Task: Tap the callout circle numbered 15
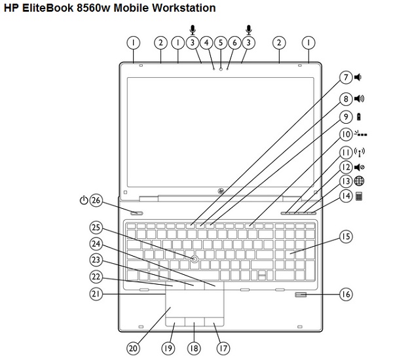[x=345, y=236]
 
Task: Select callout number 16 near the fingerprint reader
[x=345, y=294]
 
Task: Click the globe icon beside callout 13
[x=359, y=181]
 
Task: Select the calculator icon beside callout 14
[x=359, y=196]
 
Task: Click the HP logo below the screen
[x=221, y=190]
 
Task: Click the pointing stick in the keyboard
[x=195, y=260]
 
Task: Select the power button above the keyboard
[x=138, y=212]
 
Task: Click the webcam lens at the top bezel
[x=221, y=67]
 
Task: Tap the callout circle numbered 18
[x=194, y=347]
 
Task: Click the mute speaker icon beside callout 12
[x=358, y=167]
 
